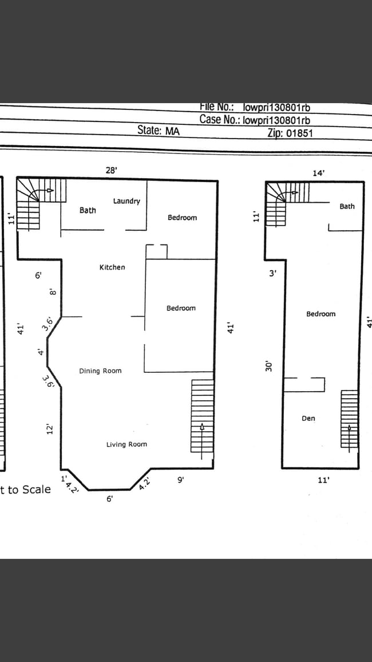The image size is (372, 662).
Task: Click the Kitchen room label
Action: [112, 267]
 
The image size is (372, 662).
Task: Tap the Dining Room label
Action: [100, 371]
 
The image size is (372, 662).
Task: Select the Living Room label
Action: [126, 444]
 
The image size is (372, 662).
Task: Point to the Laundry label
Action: [126, 201]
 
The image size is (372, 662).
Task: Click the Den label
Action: [308, 419]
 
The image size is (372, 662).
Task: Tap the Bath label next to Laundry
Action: [88, 210]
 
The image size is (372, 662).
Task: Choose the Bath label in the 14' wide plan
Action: [347, 206]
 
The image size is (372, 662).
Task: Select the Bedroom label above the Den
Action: [320, 314]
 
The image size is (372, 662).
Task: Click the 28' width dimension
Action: [111, 170]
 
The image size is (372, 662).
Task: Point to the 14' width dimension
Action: [319, 172]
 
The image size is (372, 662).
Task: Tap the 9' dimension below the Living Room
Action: [180, 480]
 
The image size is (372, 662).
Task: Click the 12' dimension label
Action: [50, 429]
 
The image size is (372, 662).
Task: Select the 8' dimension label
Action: [52, 292]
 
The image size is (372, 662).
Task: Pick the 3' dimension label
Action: [273, 274]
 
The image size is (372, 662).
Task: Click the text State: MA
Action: [159, 131]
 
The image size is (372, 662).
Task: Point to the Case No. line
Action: [255, 120]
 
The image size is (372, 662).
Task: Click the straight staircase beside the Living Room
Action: [202, 417]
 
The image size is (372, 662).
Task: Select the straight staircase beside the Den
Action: [349, 419]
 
